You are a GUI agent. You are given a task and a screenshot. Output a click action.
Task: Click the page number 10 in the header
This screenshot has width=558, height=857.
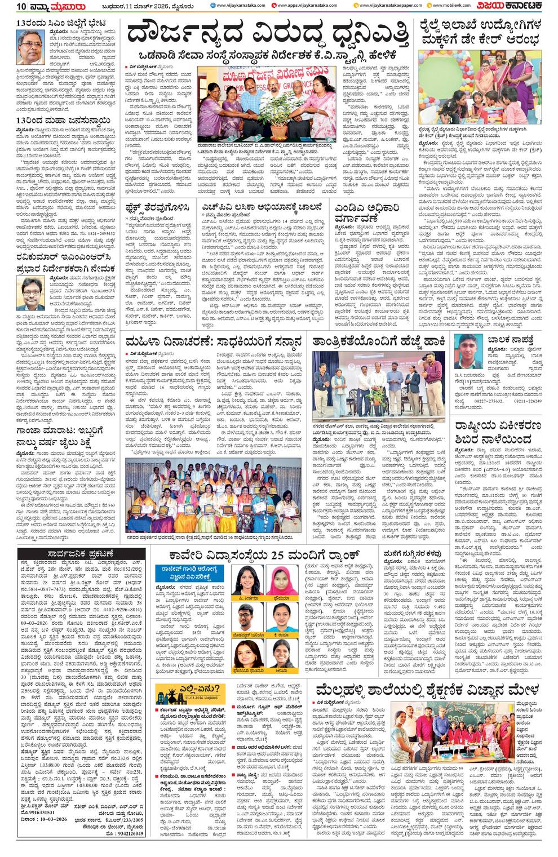(8, 6)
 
